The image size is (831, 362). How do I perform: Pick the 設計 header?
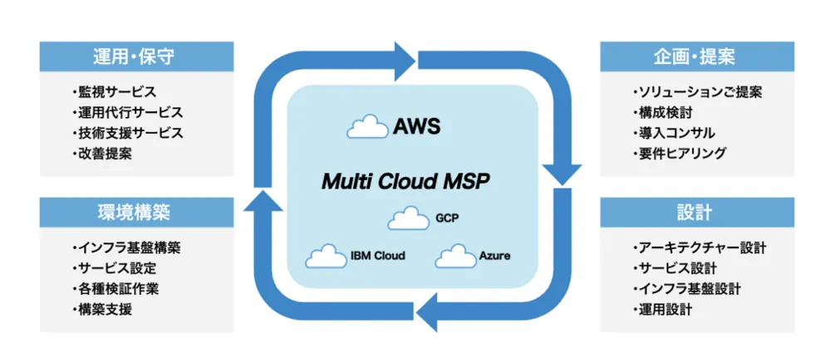694,213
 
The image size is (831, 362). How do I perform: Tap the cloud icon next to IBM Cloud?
325,256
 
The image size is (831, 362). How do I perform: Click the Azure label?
494,256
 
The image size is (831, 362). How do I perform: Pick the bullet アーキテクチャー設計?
698,247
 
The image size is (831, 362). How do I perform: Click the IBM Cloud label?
377,256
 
